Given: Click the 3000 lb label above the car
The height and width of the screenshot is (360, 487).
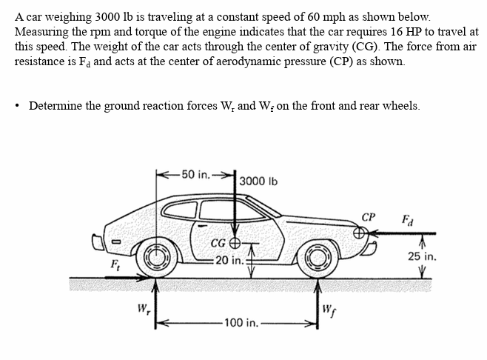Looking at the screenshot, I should tap(260, 181).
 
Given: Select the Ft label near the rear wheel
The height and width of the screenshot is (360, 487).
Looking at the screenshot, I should tap(115, 264).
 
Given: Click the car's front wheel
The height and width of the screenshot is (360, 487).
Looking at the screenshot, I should tap(319, 256).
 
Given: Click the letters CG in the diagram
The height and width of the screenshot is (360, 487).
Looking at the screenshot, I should tap(218, 242).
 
